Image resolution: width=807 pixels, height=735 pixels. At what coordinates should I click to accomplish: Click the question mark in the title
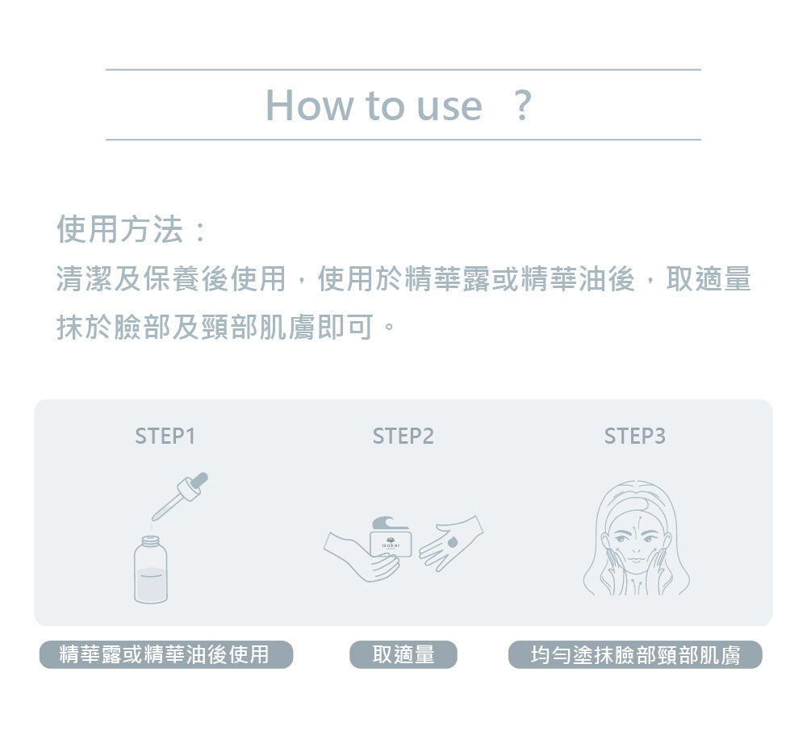[x=523, y=106]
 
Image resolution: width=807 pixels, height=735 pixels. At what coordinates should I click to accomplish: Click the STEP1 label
[x=165, y=436]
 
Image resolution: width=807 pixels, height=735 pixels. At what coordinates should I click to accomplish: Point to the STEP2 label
[x=403, y=436]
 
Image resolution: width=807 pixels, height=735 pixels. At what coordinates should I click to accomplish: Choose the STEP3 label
[x=635, y=436]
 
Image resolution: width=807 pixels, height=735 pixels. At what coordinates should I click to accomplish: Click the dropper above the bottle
[x=181, y=495]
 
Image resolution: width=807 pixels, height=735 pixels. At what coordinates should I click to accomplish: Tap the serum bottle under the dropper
[x=151, y=571]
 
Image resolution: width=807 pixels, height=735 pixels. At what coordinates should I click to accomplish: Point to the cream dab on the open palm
[x=450, y=542]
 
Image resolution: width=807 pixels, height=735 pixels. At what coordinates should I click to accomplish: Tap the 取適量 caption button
[x=403, y=654]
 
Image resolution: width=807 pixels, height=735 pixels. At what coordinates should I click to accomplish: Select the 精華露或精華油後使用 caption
[x=165, y=654]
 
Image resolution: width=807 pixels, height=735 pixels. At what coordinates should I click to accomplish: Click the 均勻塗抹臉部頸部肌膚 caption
[x=635, y=654]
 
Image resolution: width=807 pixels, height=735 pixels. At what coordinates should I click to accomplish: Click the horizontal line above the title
[x=403, y=70]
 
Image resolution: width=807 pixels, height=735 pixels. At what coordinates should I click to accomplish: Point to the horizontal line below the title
[x=403, y=140]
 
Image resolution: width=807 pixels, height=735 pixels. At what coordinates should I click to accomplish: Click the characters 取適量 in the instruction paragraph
[x=709, y=279]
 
